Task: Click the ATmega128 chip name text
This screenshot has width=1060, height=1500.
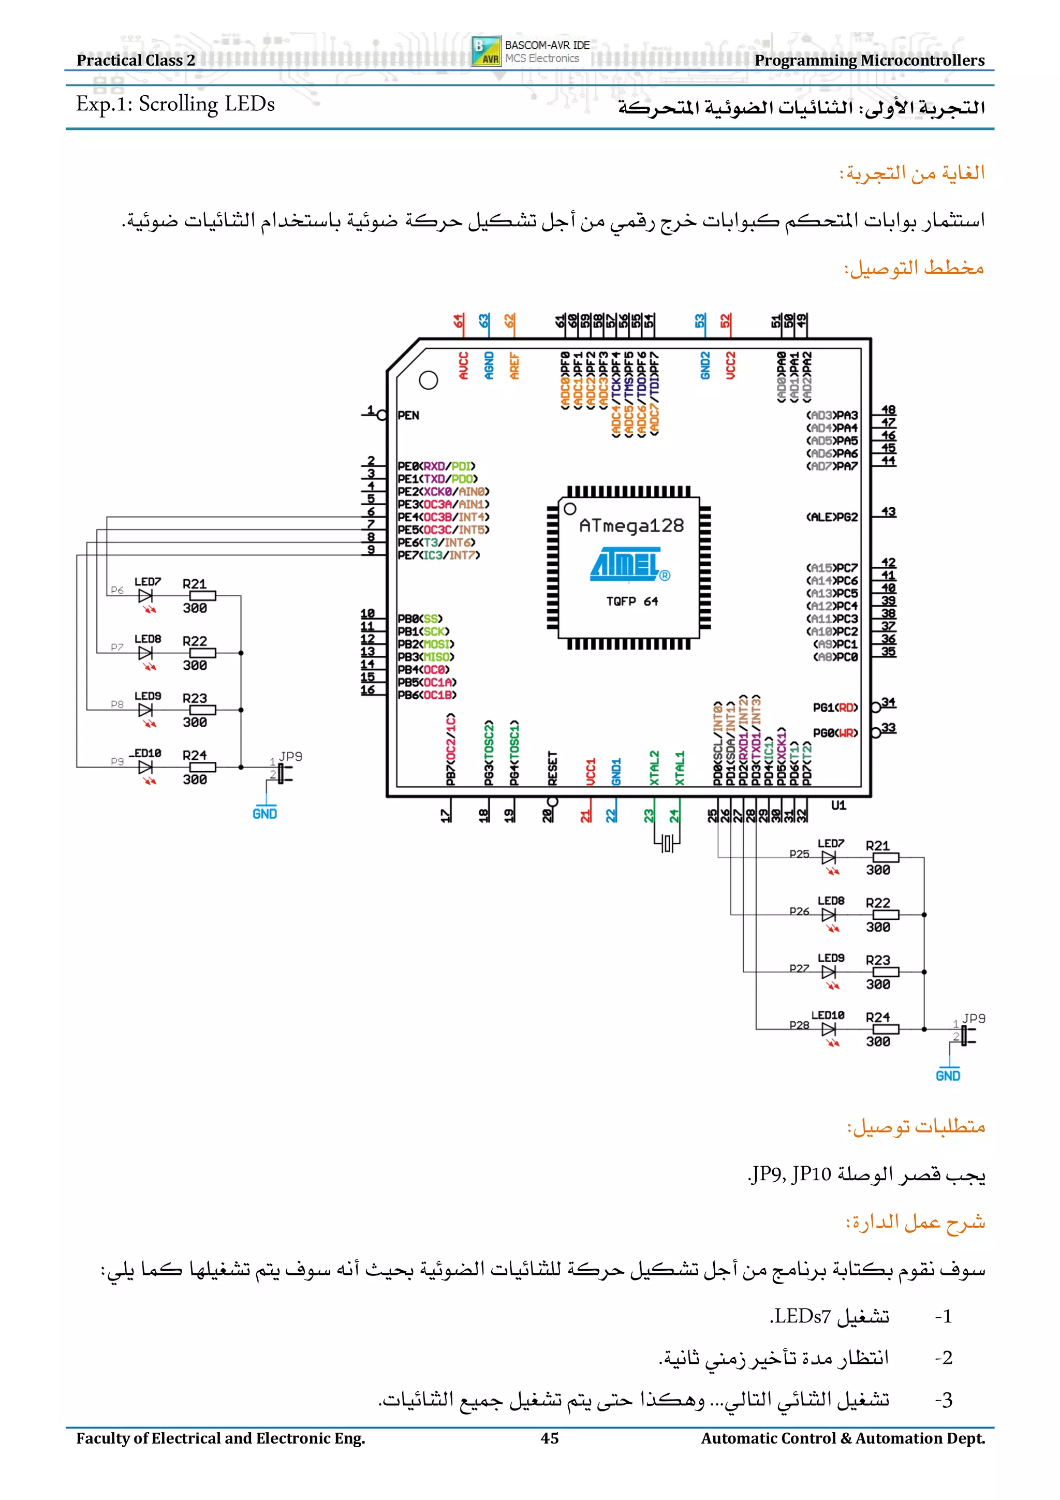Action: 631,525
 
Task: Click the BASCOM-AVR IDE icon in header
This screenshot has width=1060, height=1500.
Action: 487,51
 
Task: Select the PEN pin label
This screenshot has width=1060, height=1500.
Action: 408,416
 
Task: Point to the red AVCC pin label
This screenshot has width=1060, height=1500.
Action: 463,366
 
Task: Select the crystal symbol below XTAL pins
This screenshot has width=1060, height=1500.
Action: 667,843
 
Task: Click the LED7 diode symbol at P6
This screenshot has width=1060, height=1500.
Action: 145,596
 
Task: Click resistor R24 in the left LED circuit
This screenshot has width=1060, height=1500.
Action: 202,767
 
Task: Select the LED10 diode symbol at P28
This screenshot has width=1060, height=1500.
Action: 829,1030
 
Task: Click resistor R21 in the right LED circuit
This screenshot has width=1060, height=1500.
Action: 886,858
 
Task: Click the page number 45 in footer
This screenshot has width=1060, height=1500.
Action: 549,1438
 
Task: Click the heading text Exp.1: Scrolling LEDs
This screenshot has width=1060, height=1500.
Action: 175,105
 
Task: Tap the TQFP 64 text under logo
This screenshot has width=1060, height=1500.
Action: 631,601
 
